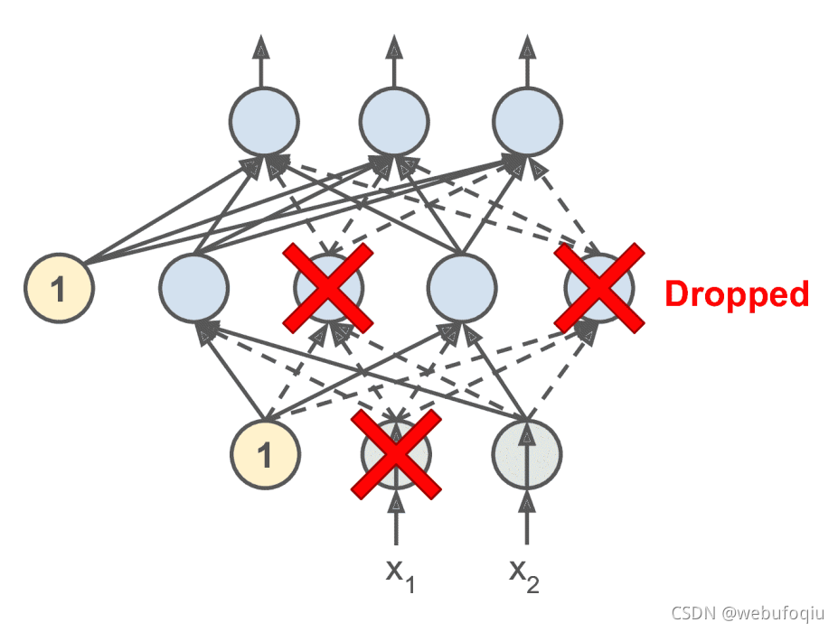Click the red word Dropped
(737, 294)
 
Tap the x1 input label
(398, 574)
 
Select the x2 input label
(524, 574)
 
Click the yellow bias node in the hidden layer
(60, 289)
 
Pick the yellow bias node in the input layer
(265, 455)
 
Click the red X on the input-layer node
(396, 454)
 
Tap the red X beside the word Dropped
(599, 287)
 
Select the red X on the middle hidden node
(329, 287)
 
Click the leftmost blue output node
(263, 121)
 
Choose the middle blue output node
(394, 121)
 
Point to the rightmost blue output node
(528, 121)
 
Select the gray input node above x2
(528, 451)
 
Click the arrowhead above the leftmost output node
(262, 45)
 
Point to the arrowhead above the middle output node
(394, 45)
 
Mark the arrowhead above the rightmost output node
(528, 45)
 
